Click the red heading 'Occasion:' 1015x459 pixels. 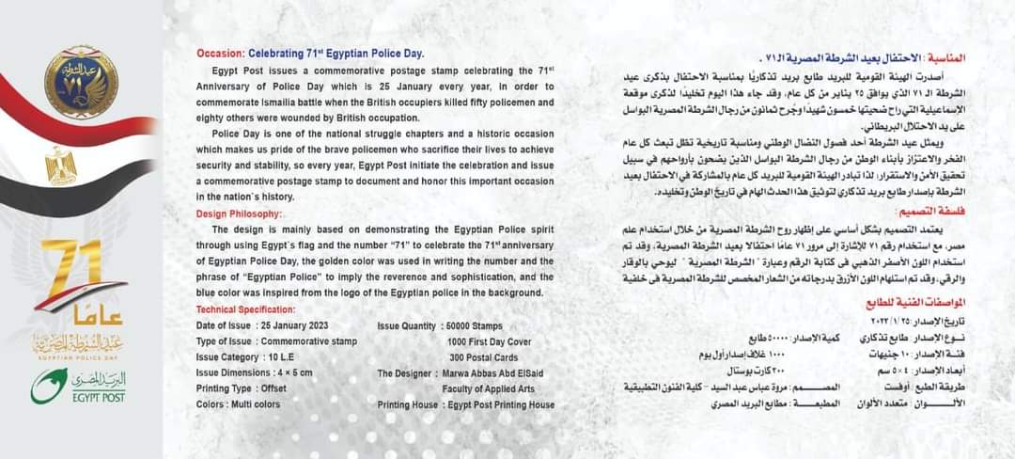pyautogui.click(x=222, y=54)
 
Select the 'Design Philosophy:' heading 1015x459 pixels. pyautogui.click(x=239, y=214)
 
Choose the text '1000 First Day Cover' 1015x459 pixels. pyautogui.click(x=494, y=341)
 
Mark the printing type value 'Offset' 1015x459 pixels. pyautogui.click(x=271, y=388)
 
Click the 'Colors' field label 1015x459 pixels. pyautogui.click(x=213, y=404)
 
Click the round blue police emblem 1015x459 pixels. pyautogui.click(x=81, y=82)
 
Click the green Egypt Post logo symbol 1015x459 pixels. pyautogui.click(x=48, y=386)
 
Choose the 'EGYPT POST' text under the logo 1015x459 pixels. pyautogui.click(x=98, y=399)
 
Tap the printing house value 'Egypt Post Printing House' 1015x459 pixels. pyautogui.click(x=501, y=404)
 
